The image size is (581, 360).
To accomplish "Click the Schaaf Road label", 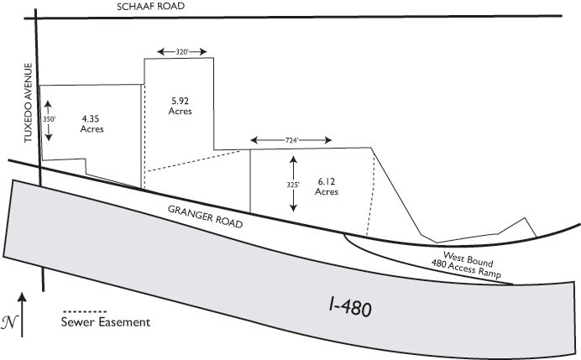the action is point(150,7).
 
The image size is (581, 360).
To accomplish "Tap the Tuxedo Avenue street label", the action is point(29,103).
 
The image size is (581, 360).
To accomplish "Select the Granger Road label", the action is point(205,217).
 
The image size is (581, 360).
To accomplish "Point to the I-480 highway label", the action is point(350,307).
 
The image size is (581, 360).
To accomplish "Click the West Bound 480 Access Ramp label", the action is point(465,265).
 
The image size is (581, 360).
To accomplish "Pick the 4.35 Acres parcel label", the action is point(92,124).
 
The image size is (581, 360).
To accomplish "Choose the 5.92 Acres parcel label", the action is point(180,106).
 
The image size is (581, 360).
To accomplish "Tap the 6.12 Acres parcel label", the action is point(327,186).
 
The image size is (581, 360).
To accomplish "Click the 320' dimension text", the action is point(182,52).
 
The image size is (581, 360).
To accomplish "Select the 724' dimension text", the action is point(291,140).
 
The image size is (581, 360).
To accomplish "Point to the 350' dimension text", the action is point(49,119).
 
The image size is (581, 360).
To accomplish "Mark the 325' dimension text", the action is point(293,185).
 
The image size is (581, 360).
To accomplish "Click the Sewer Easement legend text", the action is point(106,322).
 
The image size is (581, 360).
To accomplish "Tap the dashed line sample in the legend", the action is point(85,311).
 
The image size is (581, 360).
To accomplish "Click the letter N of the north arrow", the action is point(9,322).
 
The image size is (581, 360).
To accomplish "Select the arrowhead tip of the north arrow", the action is point(22,293).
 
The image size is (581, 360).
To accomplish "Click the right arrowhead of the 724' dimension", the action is point(327,140).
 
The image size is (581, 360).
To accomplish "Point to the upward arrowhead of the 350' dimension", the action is point(49,105).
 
